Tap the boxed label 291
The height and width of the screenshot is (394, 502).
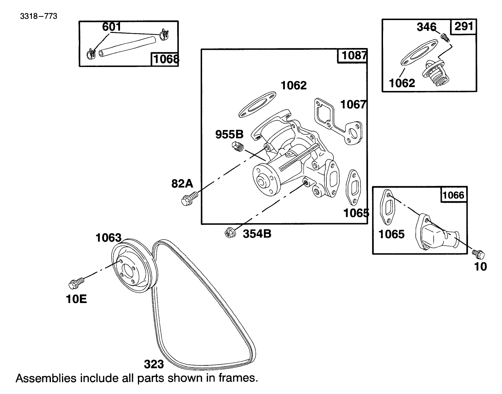464,27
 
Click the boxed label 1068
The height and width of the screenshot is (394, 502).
166,59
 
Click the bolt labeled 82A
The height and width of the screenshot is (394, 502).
189,198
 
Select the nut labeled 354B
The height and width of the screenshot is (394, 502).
229,233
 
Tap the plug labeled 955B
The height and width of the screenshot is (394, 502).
237,146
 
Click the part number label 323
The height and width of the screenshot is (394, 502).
154,364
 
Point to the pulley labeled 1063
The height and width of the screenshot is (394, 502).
133,265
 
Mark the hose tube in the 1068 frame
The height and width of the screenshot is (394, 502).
128,45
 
